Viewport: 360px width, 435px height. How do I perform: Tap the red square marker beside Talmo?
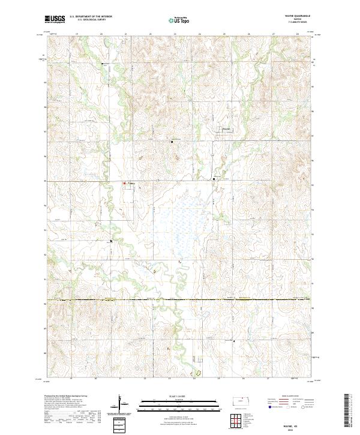pyautogui.click(x=125, y=183)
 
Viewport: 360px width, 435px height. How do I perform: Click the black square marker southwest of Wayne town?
pyautogui.click(x=172, y=142)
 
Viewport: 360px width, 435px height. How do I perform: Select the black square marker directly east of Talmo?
pyautogui.click(x=214, y=178)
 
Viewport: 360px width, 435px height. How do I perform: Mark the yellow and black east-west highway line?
pyautogui.click(x=180, y=299)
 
